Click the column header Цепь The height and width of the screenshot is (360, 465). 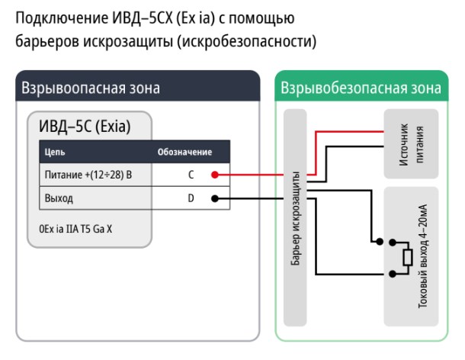(56, 152)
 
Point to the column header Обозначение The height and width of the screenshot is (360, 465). (184, 152)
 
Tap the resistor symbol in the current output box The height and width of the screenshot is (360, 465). (406, 259)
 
